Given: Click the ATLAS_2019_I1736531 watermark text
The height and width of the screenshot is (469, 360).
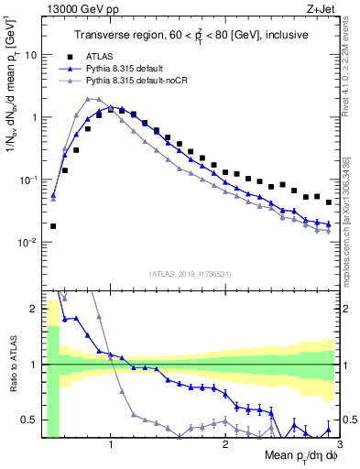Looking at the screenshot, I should coord(190,274).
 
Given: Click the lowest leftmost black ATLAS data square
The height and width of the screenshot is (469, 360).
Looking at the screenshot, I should coord(53,225).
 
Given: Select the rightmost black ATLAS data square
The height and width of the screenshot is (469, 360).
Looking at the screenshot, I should coord(328,202).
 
